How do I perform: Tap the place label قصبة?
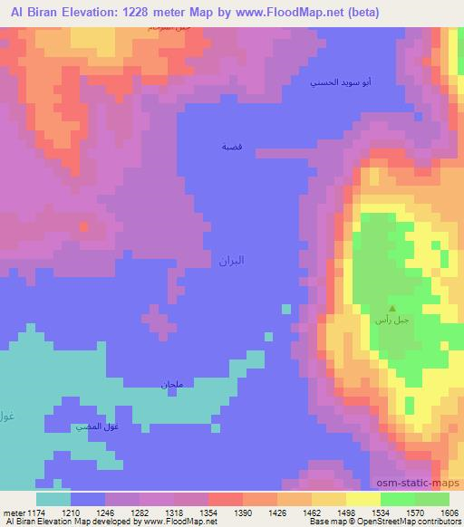click(x=232, y=146)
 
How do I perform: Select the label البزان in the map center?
click(x=231, y=260)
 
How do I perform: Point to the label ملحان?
click(x=172, y=386)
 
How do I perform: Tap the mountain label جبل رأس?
click(x=391, y=319)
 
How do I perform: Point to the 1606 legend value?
click(x=450, y=512)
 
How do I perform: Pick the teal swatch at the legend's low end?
click(x=53, y=499)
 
